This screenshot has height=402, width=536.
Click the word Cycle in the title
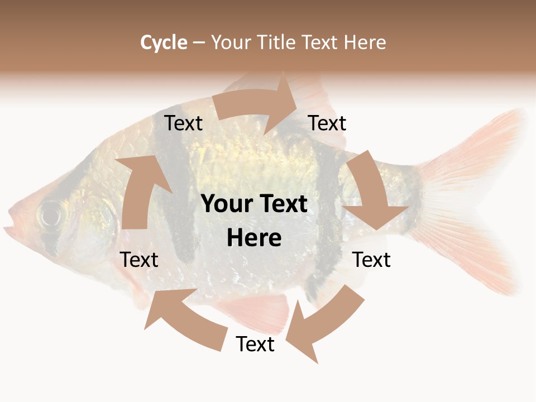[164, 42]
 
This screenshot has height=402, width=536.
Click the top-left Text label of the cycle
[184, 123]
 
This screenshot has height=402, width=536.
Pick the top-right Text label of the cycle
[327, 123]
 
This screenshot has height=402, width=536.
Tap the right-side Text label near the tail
[372, 260]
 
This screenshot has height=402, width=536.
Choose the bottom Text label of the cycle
[255, 344]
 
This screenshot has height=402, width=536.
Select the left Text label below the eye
[140, 260]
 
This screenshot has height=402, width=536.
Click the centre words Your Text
[254, 204]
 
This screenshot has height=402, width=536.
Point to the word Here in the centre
[254, 238]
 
